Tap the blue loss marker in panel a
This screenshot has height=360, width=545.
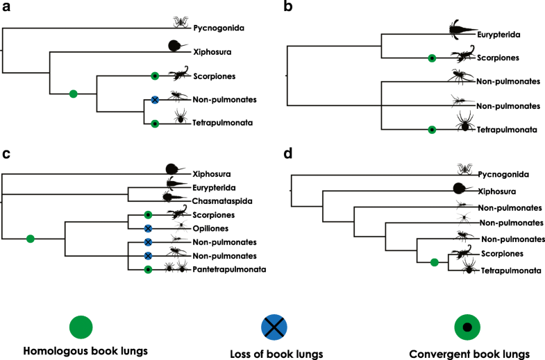click(x=156, y=100)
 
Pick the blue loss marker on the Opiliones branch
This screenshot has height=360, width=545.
click(x=148, y=228)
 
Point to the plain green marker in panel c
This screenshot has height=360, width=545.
click(x=30, y=239)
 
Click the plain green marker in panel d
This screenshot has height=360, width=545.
click(x=434, y=262)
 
